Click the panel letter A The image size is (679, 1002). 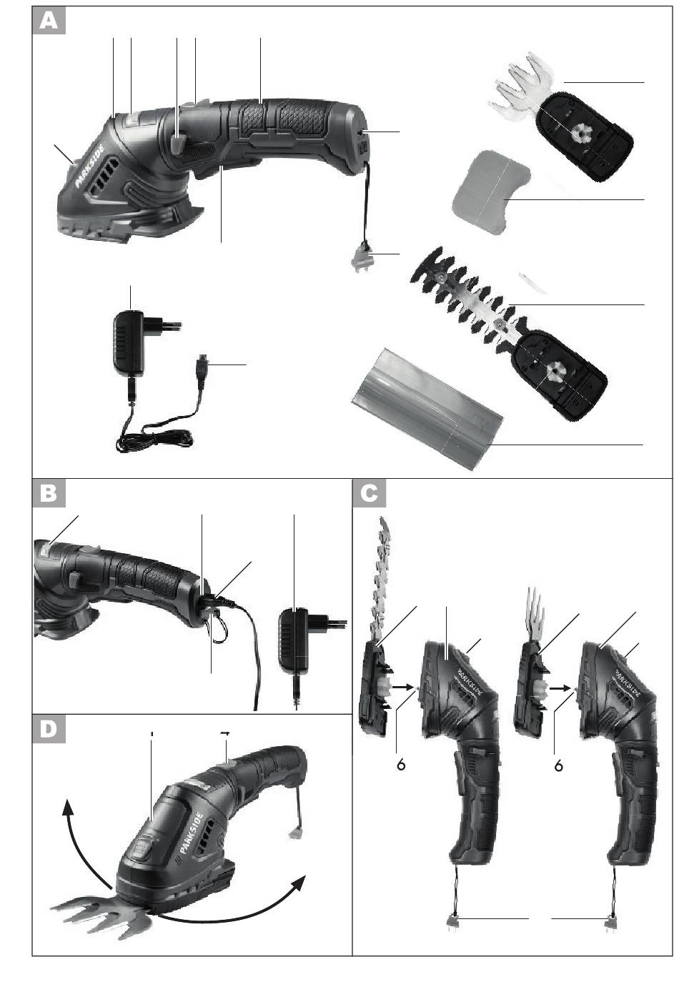49,21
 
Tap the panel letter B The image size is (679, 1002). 49,493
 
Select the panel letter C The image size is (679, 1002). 370,493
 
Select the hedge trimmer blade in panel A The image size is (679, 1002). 507,333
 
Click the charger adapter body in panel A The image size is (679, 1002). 129,342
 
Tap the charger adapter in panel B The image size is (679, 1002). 294,640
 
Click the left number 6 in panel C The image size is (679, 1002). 401,765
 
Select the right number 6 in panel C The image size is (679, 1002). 558,766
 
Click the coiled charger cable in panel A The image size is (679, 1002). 155,436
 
